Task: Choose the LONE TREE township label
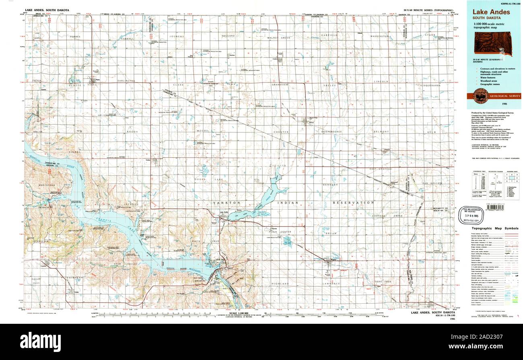(x=382, y=282)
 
